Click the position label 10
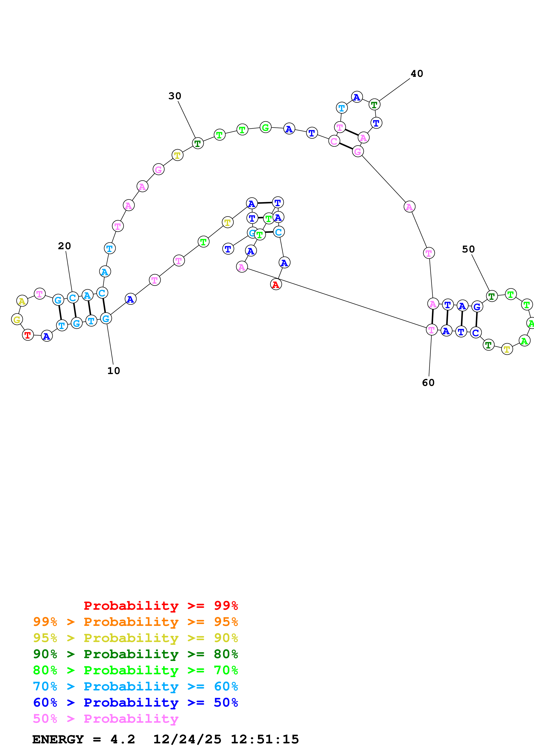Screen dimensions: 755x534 pyautogui.click(x=114, y=371)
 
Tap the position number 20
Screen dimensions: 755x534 pyautogui.click(x=64, y=246)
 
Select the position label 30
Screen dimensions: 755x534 pyautogui.click(x=175, y=96)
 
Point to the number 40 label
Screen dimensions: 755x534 pyautogui.click(x=417, y=74)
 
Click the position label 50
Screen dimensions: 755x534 pyautogui.click(x=468, y=249)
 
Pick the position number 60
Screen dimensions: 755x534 pyautogui.click(x=428, y=383)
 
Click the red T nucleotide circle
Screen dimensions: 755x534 pyautogui.click(x=28, y=335)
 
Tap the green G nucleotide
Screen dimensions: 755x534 pyautogui.click(x=266, y=127)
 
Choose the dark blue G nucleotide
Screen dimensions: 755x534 pyautogui.click(x=477, y=307)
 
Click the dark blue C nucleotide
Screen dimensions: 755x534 pyautogui.click(x=475, y=333)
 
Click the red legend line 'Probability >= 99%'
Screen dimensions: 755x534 pyautogui.click(x=160, y=606)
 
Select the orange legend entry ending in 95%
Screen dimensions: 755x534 pyautogui.click(x=135, y=622)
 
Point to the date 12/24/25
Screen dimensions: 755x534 pyautogui.click(x=187, y=739)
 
